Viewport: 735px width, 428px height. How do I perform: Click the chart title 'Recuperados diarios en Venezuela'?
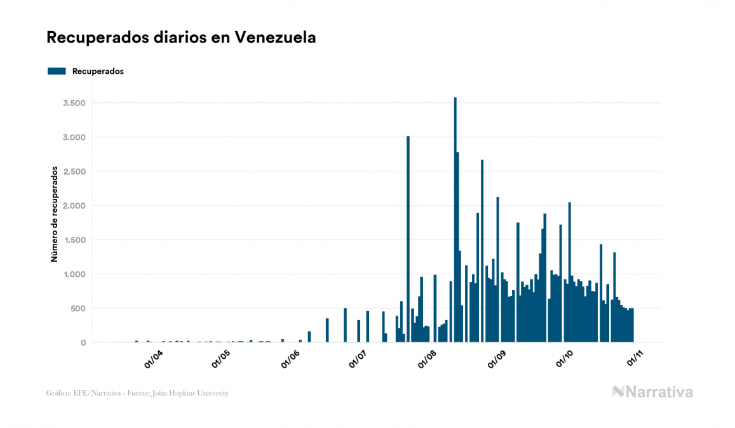(x=181, y=37)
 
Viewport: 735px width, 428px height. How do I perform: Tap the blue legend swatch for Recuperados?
(x=57, y=71)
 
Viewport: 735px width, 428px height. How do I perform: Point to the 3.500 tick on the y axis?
(x=74, y=103)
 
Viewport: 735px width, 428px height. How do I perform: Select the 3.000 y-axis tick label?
(x=74, y=137)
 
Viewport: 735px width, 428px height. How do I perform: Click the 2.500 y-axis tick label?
(x=74, y=171)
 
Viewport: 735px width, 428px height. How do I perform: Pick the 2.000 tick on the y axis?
(x=74, y=206)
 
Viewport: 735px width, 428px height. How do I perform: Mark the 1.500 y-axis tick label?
(x=74, y=240)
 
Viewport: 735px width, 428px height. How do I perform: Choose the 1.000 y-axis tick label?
(x=74, y=274)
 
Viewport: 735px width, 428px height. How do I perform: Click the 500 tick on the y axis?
(x=78, y=309)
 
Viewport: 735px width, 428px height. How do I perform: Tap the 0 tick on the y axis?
(x=83, y=343)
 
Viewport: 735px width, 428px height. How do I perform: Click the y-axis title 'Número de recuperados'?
(x=55, y=215)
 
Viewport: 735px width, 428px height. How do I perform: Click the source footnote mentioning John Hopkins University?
(x=137, y=393)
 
